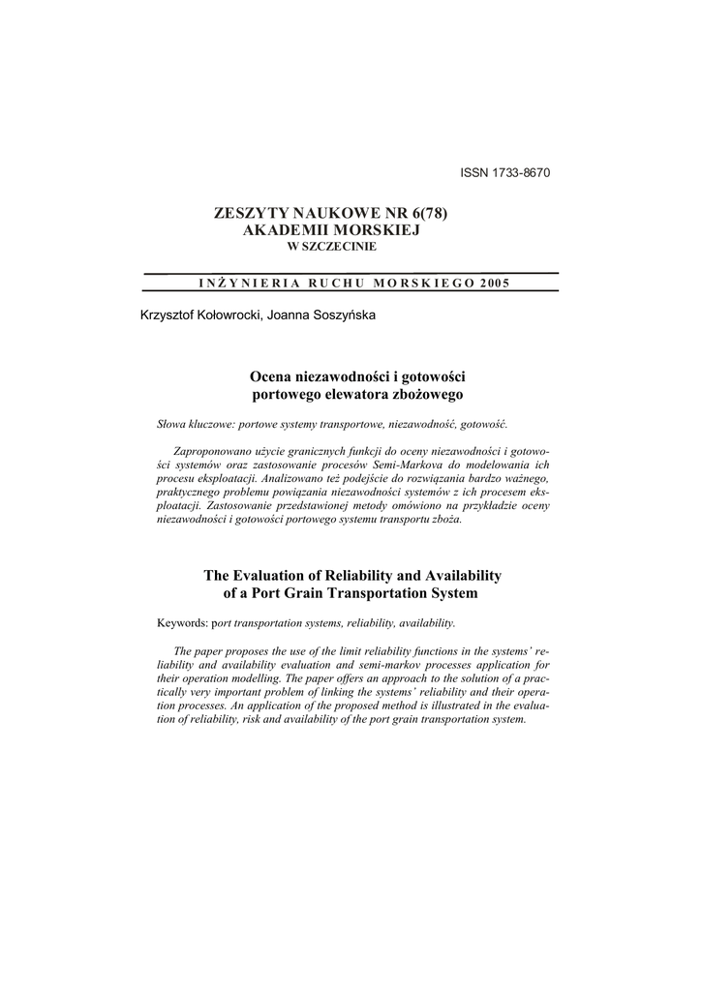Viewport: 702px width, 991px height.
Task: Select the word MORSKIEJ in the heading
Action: [x=389, y=231]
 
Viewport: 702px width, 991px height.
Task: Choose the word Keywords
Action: [x=183, y=622]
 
